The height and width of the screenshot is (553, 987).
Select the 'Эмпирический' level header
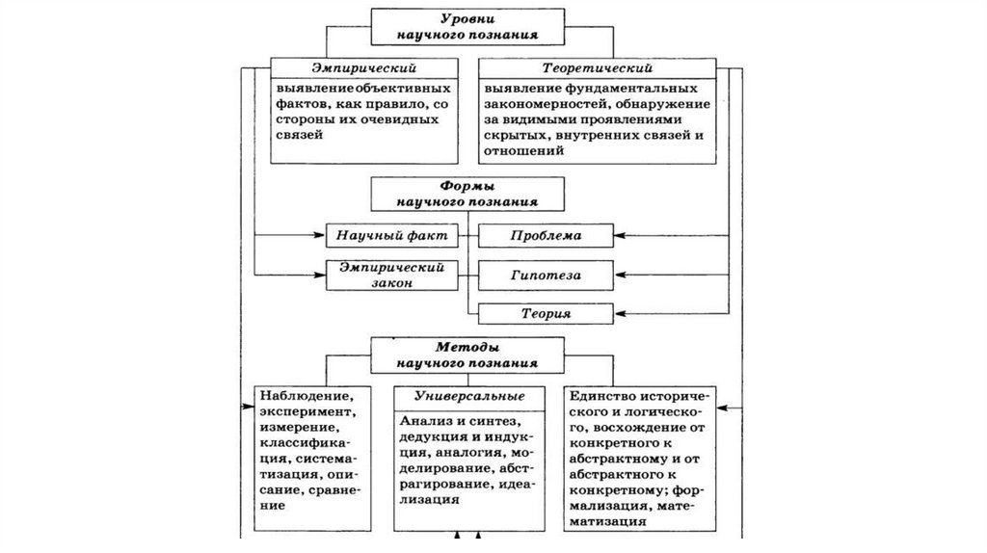click(x=363, y=69)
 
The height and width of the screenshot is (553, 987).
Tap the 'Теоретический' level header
click(x=597, y=69)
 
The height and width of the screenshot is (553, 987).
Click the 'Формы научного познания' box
click(x=468, y=195)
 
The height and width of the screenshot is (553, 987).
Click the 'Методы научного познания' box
click(x=468, y=355)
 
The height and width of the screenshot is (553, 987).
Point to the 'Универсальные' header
click(x=469, y=396)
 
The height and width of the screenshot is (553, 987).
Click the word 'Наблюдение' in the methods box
click(x=299, y=395)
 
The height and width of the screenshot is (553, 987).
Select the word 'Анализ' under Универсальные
click(x=425, y=421)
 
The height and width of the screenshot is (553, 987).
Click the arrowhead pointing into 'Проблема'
click(x=619, y=235)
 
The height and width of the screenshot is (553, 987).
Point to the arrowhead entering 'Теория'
click(x=619, y=314)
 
